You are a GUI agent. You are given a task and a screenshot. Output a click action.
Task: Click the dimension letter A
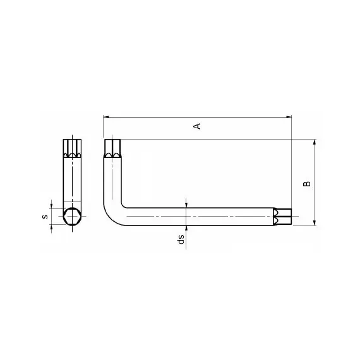point(198,126)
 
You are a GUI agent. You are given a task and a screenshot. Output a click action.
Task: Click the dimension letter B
point(307,184)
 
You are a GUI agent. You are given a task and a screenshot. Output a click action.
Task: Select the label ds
point(181,239)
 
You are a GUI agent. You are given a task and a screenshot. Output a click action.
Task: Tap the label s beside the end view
point(45,217)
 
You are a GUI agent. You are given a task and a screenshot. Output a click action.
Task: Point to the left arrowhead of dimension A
point(106,117)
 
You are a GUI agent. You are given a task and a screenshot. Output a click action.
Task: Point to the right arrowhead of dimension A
point(289,117)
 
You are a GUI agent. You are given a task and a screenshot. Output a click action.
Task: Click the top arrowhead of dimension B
point(315,142)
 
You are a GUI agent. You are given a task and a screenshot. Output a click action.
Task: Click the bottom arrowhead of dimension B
point(315,223)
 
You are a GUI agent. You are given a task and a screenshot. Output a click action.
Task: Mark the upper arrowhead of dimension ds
point(186,205)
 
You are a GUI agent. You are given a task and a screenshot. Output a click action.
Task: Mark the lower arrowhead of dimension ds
point(186,229)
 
